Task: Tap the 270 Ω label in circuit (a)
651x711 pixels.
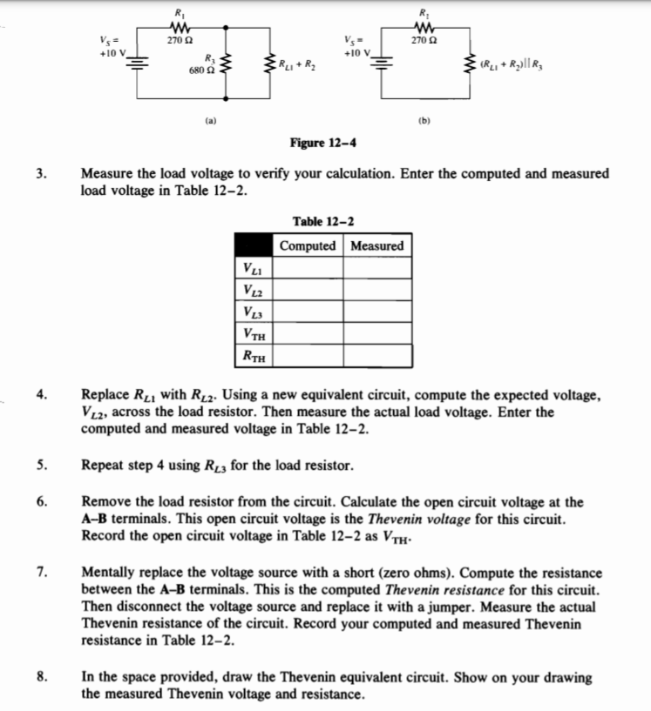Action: [180, 38]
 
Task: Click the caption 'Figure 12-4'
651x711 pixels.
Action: [322, 143]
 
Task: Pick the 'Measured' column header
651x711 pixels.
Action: [377, 245]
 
